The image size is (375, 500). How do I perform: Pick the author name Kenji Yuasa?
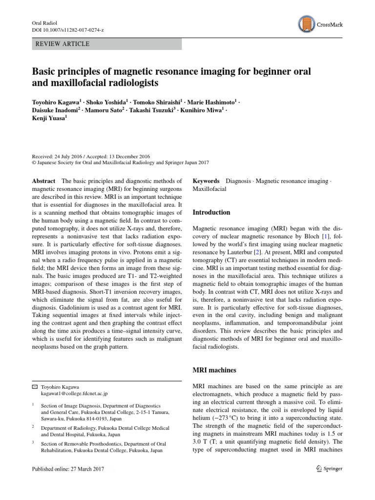49,117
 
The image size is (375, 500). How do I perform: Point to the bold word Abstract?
43,181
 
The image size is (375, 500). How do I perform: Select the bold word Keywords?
206,181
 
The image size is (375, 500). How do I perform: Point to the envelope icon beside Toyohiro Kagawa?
34,386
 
